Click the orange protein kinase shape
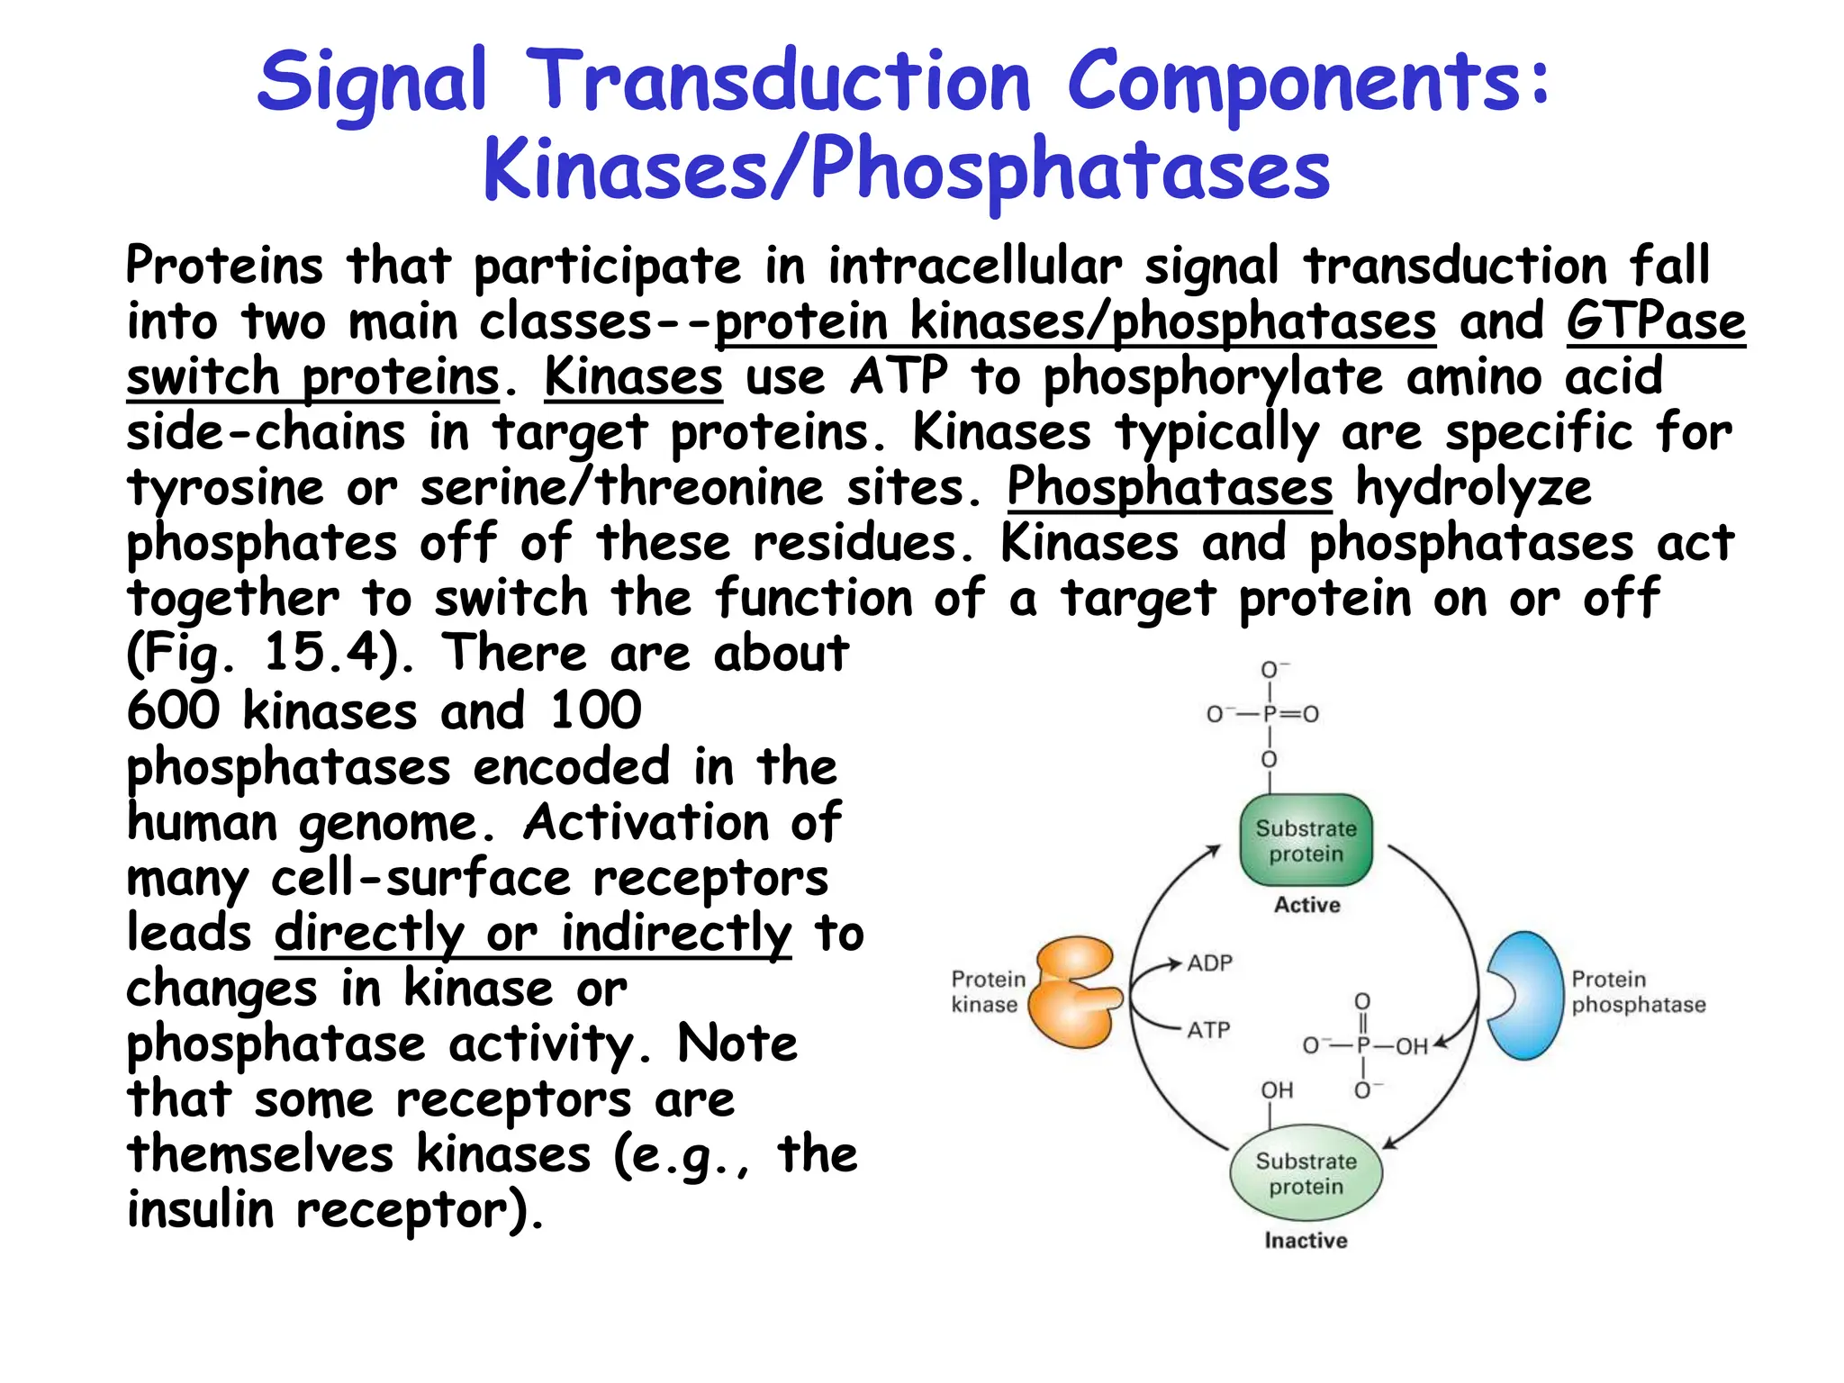click(1073, 993)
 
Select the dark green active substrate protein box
click(1306, 840)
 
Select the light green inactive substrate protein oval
click(1306, 1173)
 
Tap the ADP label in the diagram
click(1209, 963)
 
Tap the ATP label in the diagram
click(1208, 1030)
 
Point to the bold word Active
click(1306, 905)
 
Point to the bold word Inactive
click(1306, 1241)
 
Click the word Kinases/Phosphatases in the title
click(906, 169)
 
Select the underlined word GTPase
click(1655, 321)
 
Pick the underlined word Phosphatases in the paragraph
click(1169, 488)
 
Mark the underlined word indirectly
click(676, 933)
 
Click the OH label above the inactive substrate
click(1277, 1090)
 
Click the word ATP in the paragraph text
click(899, 376)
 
